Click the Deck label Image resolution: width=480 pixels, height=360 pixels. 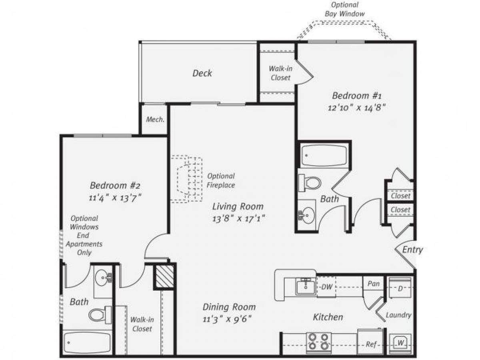(202, 73)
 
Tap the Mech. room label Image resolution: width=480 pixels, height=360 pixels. (155, 120)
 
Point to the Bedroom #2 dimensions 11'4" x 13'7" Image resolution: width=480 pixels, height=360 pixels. (115, 197)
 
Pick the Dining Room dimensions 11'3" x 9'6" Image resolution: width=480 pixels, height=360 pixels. (229, 319)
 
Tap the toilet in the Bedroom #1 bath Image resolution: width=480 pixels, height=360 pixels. (310, 183)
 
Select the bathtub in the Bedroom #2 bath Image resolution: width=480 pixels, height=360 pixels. (87, 342)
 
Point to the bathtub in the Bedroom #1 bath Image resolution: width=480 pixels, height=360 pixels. (324, 155)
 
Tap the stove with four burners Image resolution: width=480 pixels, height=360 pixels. (319, 342)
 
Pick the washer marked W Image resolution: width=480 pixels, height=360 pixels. (401, 343)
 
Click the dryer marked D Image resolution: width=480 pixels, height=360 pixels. (400, 288)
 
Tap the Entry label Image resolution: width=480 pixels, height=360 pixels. (412, 250)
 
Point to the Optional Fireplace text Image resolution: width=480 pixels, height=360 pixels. (221, 180)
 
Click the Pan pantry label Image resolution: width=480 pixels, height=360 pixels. (374, 284)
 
